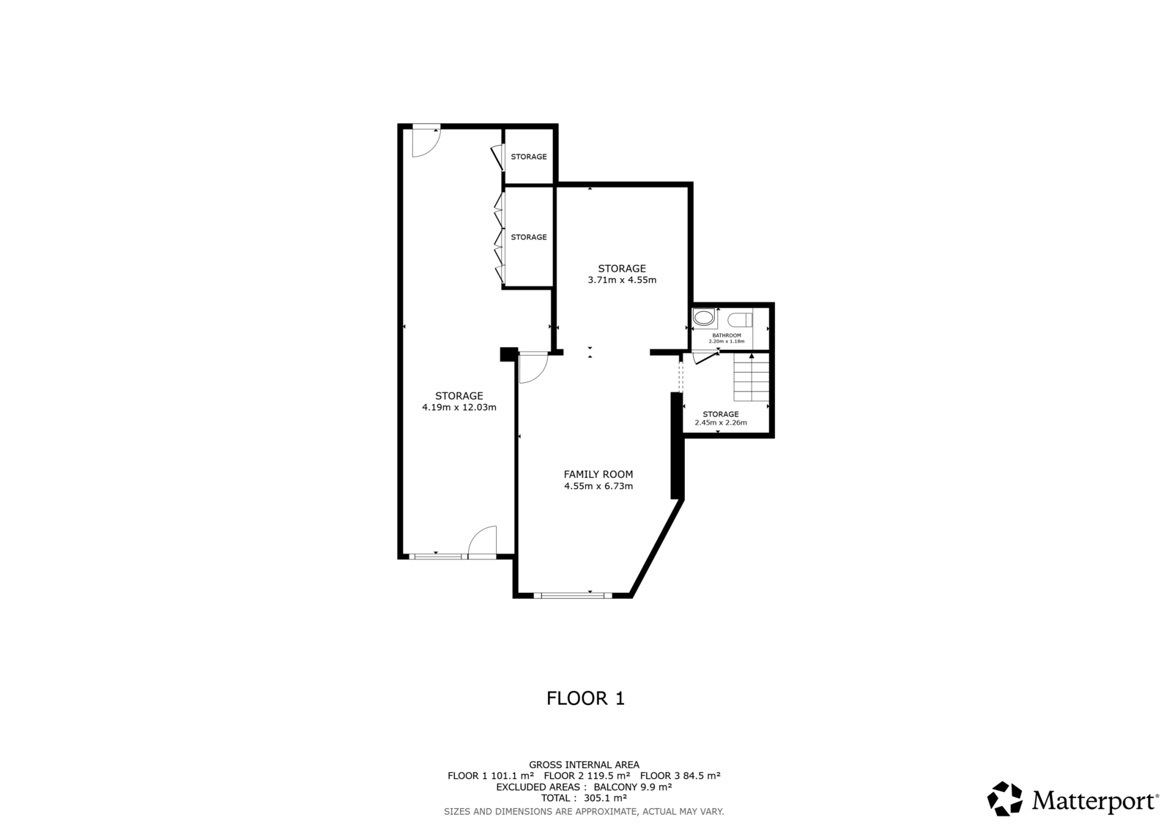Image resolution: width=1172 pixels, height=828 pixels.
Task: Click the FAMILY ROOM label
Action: [598, 474]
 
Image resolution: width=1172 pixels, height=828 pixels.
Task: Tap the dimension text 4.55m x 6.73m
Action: [598, 486]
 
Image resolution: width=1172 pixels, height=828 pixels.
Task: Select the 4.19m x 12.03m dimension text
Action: [459, 408]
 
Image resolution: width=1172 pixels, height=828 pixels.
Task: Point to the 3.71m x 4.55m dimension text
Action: [622, 280]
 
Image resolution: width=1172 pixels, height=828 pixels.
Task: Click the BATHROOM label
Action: [726, 335]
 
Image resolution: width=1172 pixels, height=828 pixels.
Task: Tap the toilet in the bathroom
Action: [740, 319]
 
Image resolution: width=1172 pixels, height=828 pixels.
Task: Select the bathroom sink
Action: [704, 318]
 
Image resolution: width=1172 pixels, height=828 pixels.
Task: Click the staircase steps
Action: [751, 376]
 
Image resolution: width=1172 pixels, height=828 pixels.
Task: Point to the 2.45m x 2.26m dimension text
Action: [721, 422]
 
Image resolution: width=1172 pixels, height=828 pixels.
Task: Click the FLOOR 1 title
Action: [585, 698]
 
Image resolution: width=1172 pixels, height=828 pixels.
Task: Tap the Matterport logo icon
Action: [1004, 799]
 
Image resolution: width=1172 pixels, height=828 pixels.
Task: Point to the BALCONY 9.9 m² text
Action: [633, 787]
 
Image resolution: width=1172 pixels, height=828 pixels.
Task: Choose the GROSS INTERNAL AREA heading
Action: [584, 765]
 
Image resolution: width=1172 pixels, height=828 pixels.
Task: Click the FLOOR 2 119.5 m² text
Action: [587, 776]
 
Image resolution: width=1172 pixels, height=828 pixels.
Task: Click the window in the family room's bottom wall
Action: [572, 594]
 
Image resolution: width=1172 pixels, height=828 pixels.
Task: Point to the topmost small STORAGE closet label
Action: [528, 157]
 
